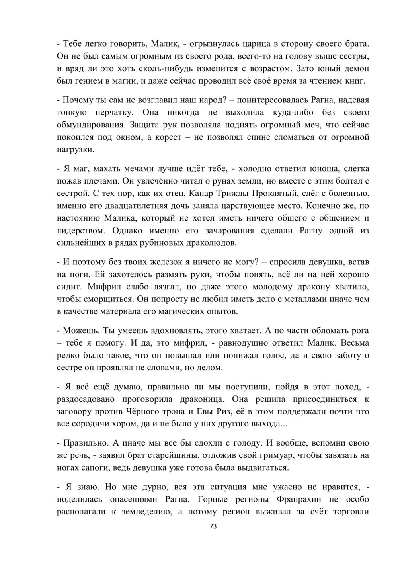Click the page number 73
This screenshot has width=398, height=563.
[x=213, y=526]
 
